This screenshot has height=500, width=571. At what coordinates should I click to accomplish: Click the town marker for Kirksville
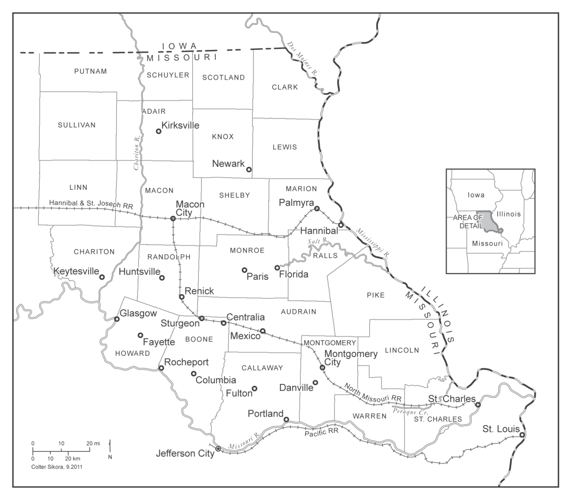[x=159, y=131]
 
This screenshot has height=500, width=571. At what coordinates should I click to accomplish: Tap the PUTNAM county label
[x=90, y=71]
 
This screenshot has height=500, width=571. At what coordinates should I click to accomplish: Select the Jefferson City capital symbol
[x=218, y=449]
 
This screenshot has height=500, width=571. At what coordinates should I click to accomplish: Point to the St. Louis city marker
[x=522, y=435]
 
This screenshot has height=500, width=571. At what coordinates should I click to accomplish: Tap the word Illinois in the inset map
[x=509, y=214]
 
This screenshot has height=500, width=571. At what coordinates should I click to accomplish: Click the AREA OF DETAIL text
[x=468, y=221]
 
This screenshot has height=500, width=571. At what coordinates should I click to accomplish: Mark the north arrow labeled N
[x=110, y=450]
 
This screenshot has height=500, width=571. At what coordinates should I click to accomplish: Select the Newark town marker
[x=249, y=169]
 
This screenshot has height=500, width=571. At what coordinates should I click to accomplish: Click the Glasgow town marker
[x=117, y=319]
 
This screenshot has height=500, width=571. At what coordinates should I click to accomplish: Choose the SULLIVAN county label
[x=77, y=125]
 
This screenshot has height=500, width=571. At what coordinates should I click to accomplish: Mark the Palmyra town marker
[x=316, y=208]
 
